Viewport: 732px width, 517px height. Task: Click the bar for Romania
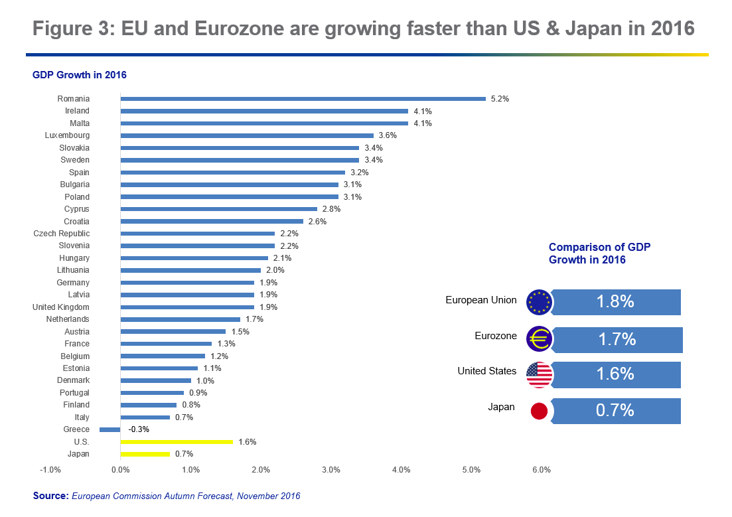click(x=303, y=99)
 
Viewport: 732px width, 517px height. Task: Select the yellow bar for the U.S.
click(x=177, y=441)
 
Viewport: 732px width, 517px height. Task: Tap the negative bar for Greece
click(x=110, y=429)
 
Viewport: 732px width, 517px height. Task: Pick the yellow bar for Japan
click(x=145, y=454)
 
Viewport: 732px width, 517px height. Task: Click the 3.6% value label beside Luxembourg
click(x=388, y=135)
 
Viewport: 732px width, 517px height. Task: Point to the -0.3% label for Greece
click(x=139, y=429)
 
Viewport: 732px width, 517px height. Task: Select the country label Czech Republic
click(x=62, y=234)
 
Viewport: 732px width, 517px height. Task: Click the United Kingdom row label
click(x=61, y=307)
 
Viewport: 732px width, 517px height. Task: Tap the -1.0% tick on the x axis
click(x=50, y=471)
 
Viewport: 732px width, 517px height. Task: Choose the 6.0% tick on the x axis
click(x=542, y=471)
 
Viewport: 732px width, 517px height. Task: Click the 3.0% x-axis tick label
click(x=330, y=471)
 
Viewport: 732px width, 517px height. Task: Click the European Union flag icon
click(x=539, y=302)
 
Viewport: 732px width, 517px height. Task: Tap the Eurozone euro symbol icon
click(x=539, y=339)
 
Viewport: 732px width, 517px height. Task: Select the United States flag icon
click(x=539, y=375)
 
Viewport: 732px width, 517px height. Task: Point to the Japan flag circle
click(x=539, y=411)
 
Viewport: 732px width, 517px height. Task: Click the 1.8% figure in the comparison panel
click(x=615, y=302)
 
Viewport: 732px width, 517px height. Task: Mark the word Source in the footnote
click(x=50, y=496)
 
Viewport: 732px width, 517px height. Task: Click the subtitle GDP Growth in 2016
click(x=80, y=75)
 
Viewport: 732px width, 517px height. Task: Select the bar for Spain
click(x=232, y=173)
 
